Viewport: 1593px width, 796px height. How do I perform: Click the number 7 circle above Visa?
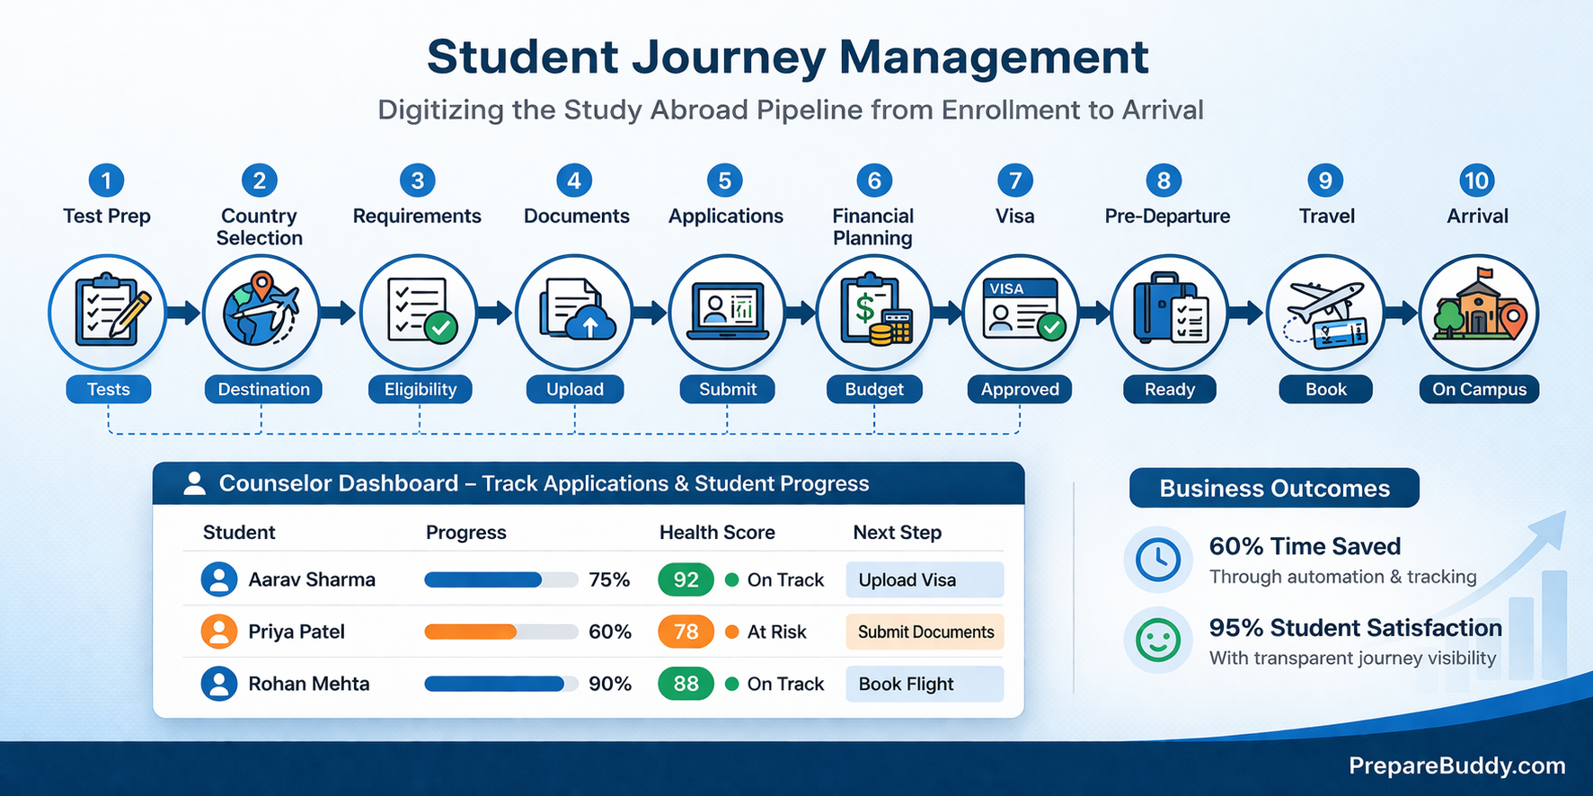pyautogui.click(x=1014, y=181)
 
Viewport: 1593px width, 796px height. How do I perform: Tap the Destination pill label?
pyautogui.click(x=263, y=389)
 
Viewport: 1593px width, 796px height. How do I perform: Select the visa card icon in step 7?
pyautogui.click(x=1020, y=312)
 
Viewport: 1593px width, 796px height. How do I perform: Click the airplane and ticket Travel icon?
pyautogui.click(x=1325, y=313)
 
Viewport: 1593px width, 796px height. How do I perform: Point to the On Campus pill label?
pyautogui.click(x=1479, y=389)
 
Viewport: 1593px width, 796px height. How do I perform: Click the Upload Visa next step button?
pyautogui.click(x=924, y=580)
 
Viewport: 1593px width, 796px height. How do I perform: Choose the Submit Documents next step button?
pyautogui.click(x=924, y=632)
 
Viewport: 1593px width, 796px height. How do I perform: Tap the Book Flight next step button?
pyautogui.click(x=924, y=684)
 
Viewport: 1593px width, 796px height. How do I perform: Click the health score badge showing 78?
pyautogui.click(x=686, y=632)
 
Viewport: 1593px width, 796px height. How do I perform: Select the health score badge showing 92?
pyautogui.click(x=686, y=580)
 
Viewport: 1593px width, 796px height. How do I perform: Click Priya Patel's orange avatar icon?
pyautogui.click(x=218, y=632)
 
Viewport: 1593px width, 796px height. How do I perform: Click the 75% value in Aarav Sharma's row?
pyautogui.click(x=609, y=580)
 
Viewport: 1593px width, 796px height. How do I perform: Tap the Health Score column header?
pyautogui.click(x=717, y=532)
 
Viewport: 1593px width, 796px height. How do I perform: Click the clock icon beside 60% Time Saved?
pyautogui.click(x=1158, y=560)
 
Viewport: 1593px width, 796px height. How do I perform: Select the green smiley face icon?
pyautogui.click(x=1158, y=641)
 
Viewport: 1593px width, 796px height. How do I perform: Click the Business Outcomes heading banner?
pyautogui.click(x=1274, y=488)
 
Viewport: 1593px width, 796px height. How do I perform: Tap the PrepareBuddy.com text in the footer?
pyautogui.click(x=1456, y=765)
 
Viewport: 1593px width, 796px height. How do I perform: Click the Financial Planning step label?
pyautogui.click(x=872, y=226)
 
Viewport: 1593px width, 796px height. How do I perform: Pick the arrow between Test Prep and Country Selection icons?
pyautogui.click(x=184, y=313)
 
